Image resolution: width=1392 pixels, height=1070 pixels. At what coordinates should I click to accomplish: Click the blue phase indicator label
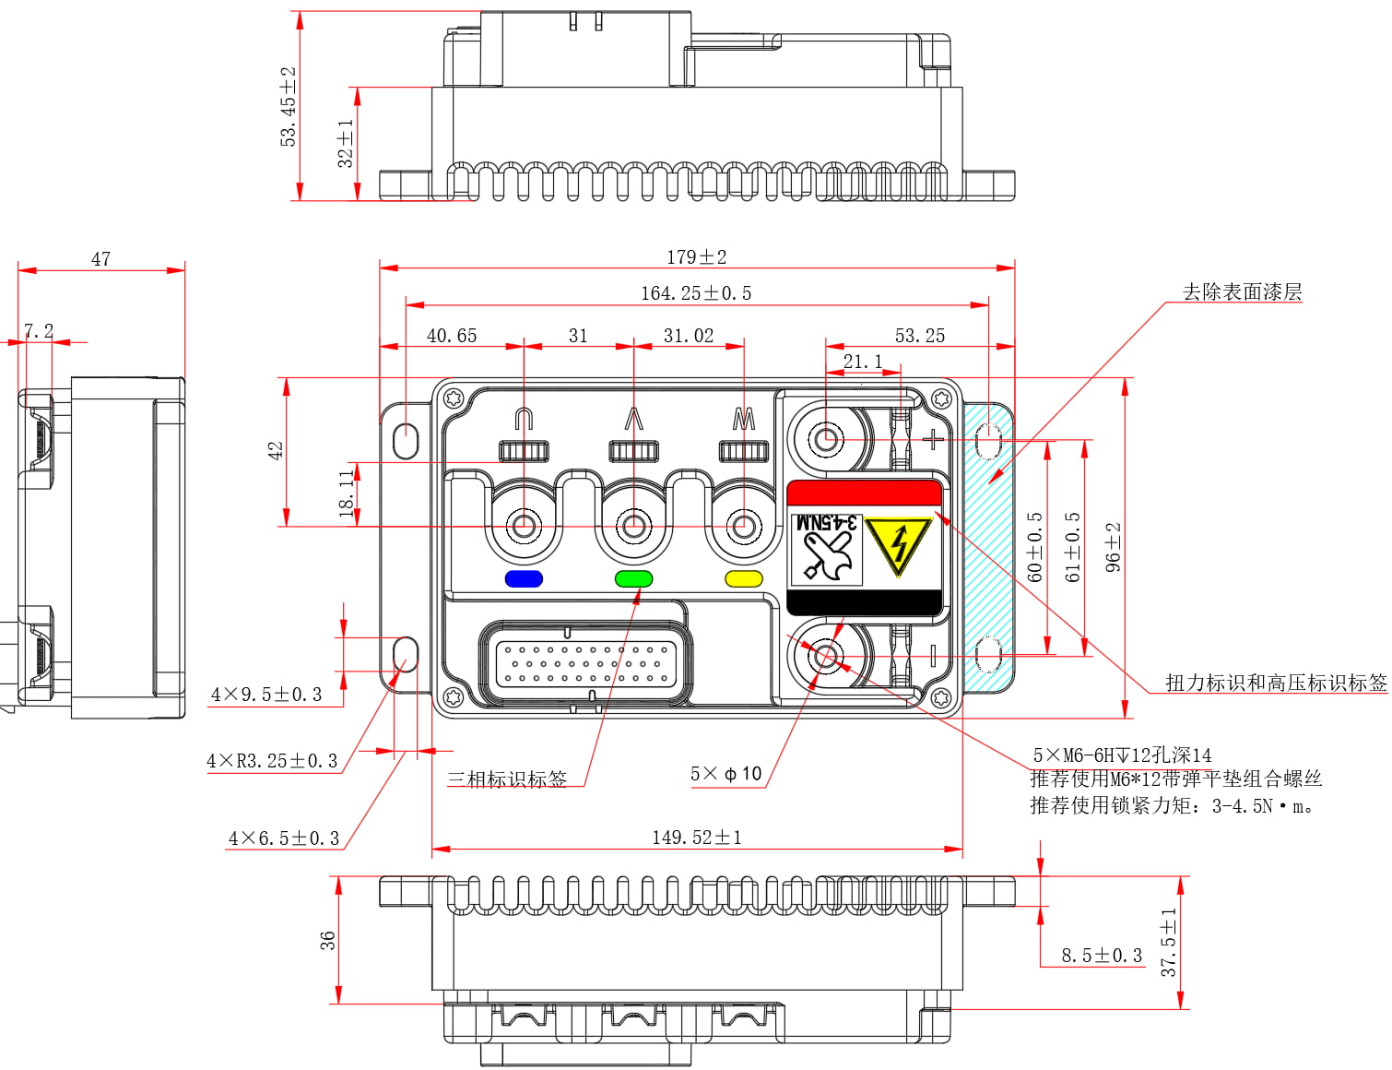coord(524,579)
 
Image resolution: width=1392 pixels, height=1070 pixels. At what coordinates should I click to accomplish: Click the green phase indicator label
coord(633,579)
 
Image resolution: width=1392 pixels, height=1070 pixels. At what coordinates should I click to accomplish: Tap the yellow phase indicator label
coord(744,579)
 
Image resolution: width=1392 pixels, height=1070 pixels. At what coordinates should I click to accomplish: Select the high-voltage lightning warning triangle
coord(899,546)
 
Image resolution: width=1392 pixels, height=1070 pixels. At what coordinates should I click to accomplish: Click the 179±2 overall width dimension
coord(696,257)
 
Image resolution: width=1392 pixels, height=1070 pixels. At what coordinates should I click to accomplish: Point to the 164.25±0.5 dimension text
coord(696,293)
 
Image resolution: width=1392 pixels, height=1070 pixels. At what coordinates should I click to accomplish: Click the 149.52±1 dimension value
coord(696,838)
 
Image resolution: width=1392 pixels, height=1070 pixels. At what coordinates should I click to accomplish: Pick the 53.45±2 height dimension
coord(289,106)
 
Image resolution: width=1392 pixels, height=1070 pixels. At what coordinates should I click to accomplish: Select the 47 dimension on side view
coord(100,259)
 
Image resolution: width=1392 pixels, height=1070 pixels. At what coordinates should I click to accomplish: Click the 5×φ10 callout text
coord(726,774)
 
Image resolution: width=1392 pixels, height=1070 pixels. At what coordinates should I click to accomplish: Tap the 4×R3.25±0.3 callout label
coord(272,761)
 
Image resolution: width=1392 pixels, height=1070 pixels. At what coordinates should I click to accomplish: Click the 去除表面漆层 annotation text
coord(1242,292)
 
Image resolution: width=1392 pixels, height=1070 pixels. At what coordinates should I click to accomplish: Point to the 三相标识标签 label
coord(507,779)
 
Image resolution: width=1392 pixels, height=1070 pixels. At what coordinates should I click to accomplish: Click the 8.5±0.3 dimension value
coord(1101,956)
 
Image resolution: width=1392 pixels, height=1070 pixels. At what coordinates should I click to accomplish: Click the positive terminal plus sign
coord(934,439)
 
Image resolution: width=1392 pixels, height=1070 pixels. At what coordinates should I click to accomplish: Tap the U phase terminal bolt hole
coord(524,528)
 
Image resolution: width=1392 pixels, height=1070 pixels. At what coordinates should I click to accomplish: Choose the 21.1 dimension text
coord(862,362)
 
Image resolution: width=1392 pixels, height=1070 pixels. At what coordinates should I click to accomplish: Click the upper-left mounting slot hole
coord(406,441)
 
